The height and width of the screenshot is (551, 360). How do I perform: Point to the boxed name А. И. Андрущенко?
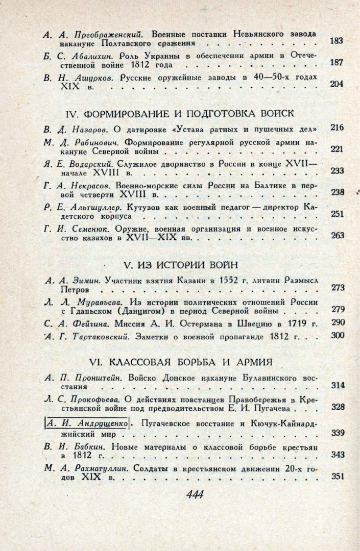pos(87,422)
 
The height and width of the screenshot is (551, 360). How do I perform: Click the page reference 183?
pos(336,41)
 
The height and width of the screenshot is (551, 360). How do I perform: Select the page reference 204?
pos(337,84)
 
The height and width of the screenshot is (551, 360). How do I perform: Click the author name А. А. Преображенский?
pos(92,35)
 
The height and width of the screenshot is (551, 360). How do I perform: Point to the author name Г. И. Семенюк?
pos(77,229)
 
